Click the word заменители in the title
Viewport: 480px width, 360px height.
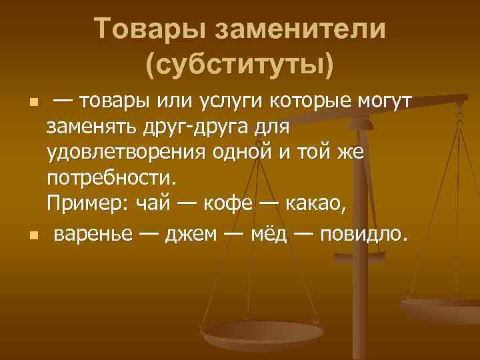coord(294,29)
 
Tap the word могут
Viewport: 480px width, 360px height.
coord(383,102)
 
